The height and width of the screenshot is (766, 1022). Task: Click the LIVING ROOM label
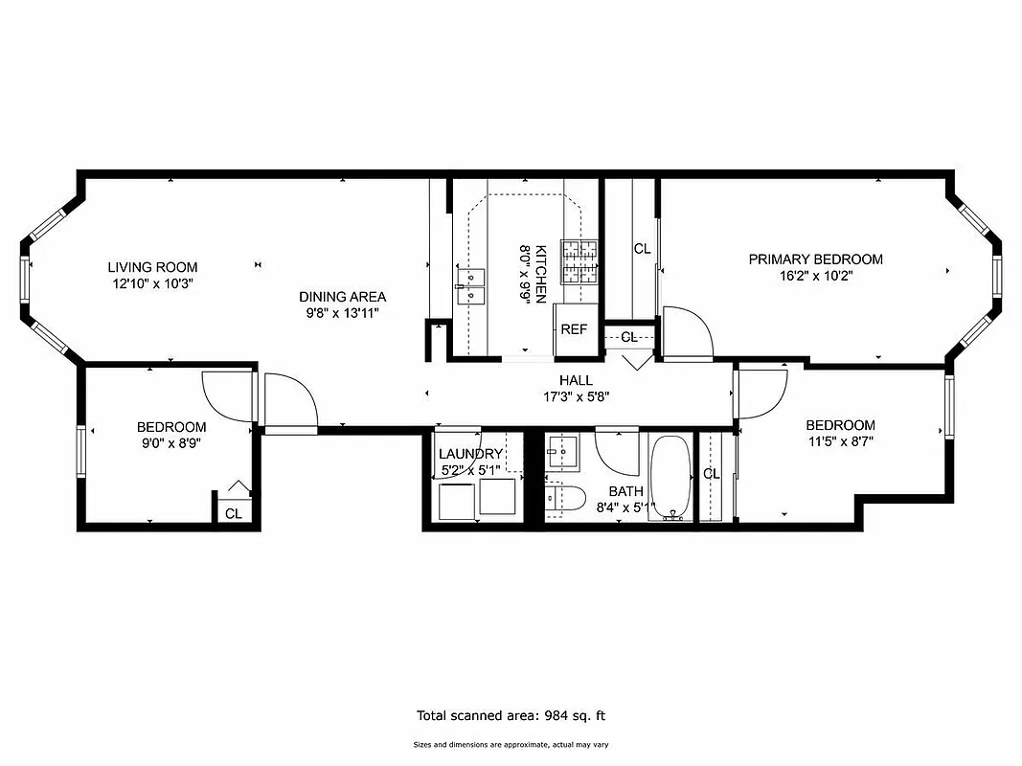[x=152, y=267]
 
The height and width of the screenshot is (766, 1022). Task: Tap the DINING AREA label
[x=342, y=297]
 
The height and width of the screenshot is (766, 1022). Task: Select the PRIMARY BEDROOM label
[x=815, y=259]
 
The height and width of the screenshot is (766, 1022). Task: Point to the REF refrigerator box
[x=574, y=329]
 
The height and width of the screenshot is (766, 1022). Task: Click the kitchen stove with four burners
[x=579, y=261]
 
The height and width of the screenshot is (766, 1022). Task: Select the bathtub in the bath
[x=671, y=479]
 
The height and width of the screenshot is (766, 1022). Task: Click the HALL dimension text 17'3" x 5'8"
[x=576, y=395]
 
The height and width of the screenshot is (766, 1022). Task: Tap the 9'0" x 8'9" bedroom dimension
[x=170, y=443]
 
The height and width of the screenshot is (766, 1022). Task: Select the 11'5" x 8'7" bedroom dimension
[x=840, y=441]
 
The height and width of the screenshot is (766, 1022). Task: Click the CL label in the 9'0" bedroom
[x=233, y=514]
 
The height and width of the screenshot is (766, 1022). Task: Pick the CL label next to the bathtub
[x=712, y=474]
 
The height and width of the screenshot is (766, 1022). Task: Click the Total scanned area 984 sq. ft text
[x=511, y=715]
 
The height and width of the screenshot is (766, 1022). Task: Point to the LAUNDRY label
[x=470, y=454]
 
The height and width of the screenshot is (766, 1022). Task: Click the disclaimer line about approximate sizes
[x=511, y=744]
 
